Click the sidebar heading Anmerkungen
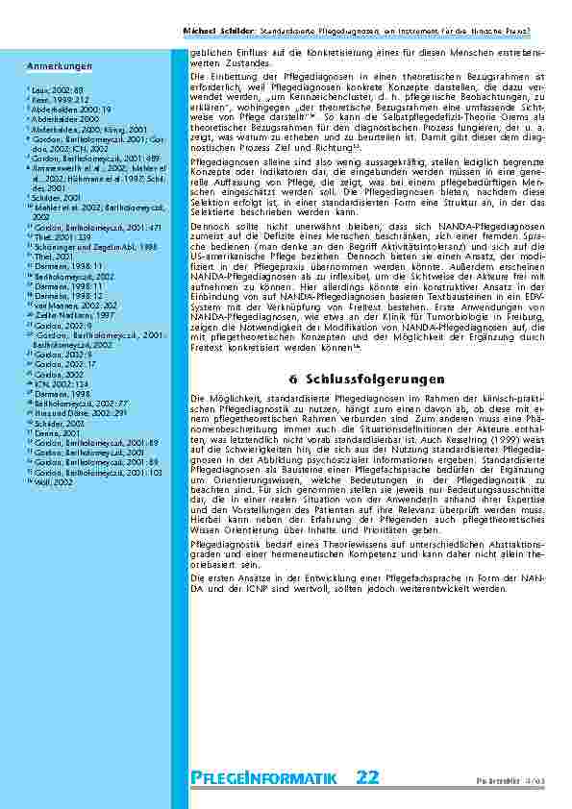point(60,66)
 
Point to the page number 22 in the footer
point(367,777)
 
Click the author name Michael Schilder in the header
point(216,32)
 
